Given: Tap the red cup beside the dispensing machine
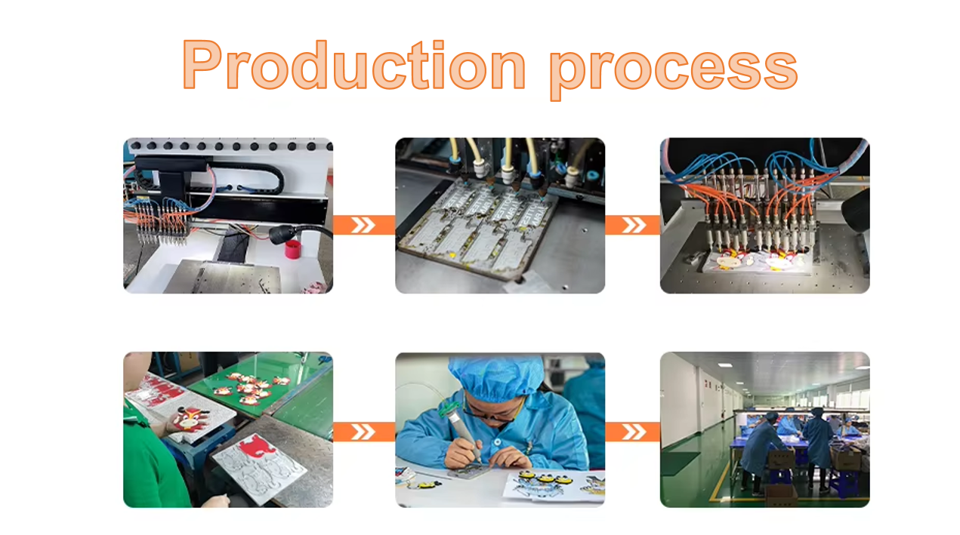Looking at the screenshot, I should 292,249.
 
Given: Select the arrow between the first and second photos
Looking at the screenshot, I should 363,225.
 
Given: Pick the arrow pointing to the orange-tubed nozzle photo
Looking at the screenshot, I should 632,225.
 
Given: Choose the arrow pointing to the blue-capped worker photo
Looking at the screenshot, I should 363,432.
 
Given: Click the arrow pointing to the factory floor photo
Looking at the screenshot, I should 632,432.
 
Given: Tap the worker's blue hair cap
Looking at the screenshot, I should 496,376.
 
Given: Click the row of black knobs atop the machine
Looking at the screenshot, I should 227,145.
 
